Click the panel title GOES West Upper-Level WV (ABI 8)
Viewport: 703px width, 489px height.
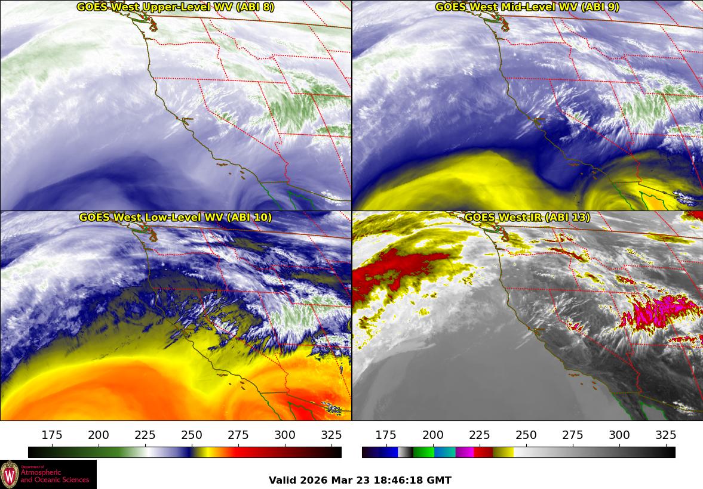[x=176, y=7]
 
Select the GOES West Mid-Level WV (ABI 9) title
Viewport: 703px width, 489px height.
[x=527, y=7]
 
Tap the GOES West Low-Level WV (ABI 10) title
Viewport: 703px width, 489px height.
[x=176, y=218]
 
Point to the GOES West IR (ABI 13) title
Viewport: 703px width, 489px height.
[x=527, y=218]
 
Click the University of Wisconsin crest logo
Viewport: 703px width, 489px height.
[x=10, y=475]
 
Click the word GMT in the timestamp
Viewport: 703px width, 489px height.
[x=440, y=480]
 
